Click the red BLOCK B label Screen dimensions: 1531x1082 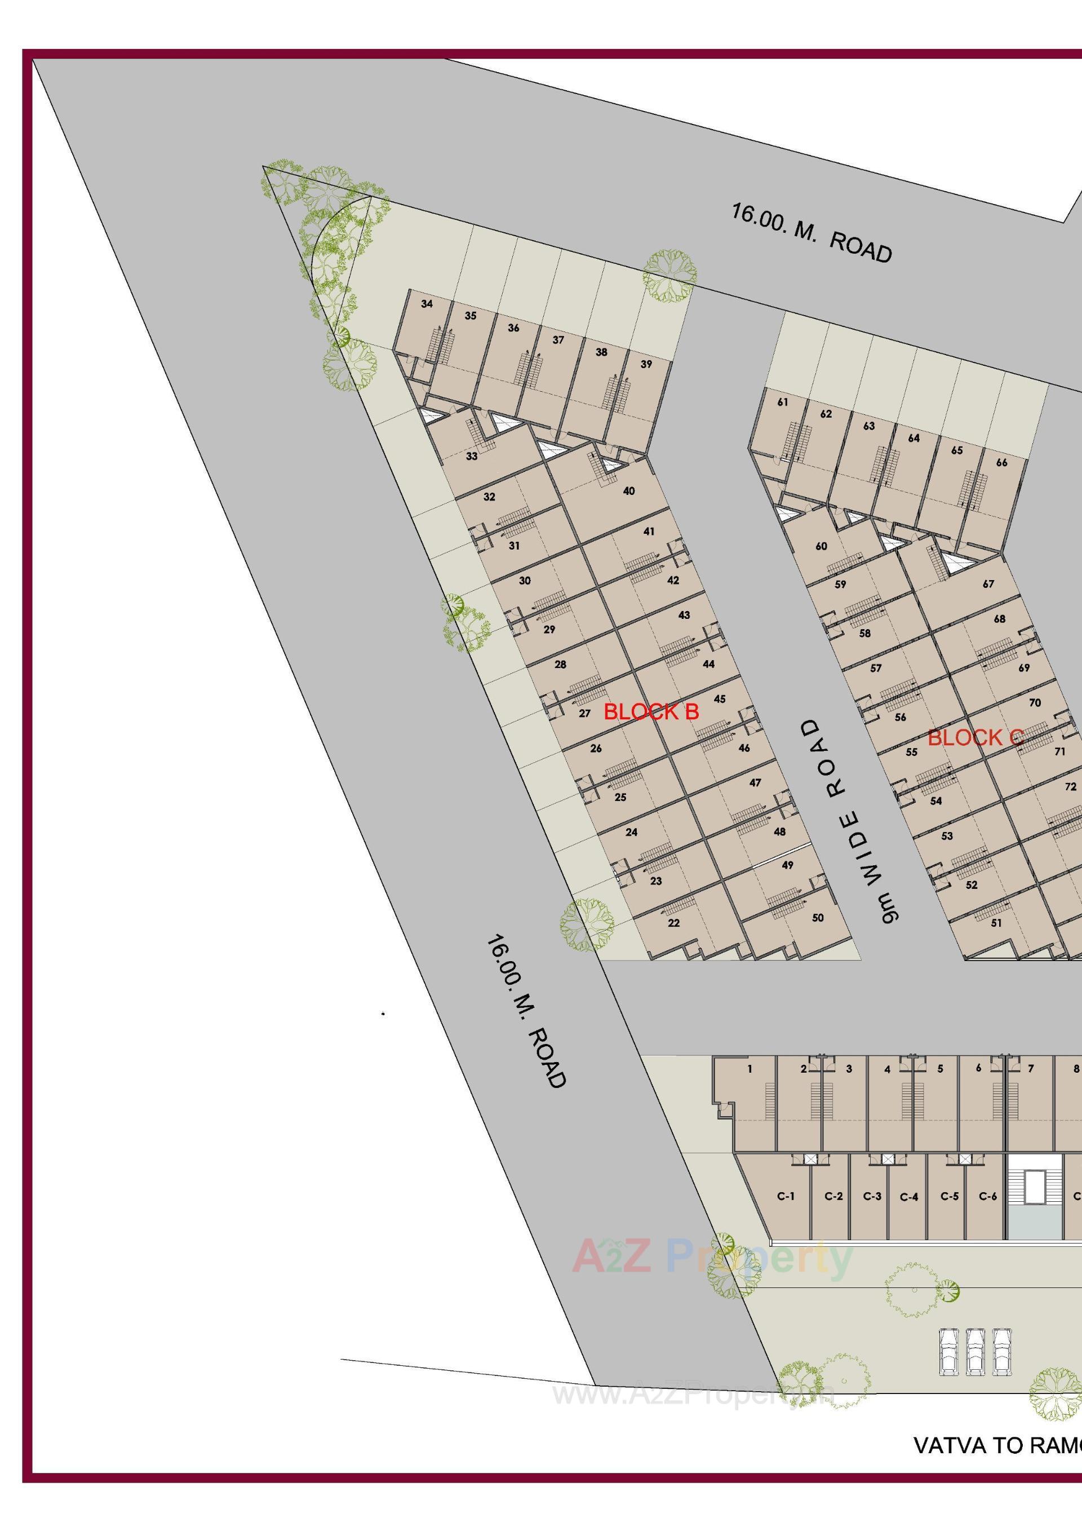(651, 712)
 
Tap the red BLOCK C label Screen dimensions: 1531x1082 (975, 738)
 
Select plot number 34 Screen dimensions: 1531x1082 (427, 304)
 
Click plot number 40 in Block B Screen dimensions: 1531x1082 (629, 491)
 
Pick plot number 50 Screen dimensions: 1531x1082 (818, 918)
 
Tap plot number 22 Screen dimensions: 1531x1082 (673, 923)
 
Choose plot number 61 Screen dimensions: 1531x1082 (783, 402)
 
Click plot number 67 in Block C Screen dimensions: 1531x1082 (988, 584)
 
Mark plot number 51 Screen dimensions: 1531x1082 (996, 923)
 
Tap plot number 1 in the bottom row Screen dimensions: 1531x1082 (750, 1069)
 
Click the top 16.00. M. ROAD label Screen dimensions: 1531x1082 (812, 233)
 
